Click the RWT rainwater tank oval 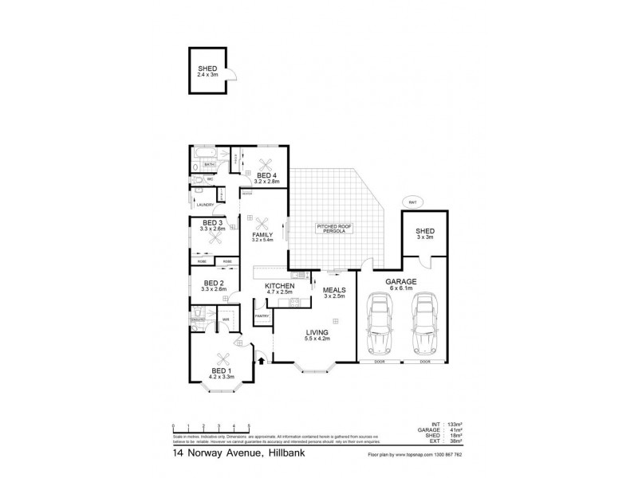(413, 201)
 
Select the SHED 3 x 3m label (425, 234)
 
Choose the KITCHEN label (280, 287)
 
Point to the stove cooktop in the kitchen (293, 304)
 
